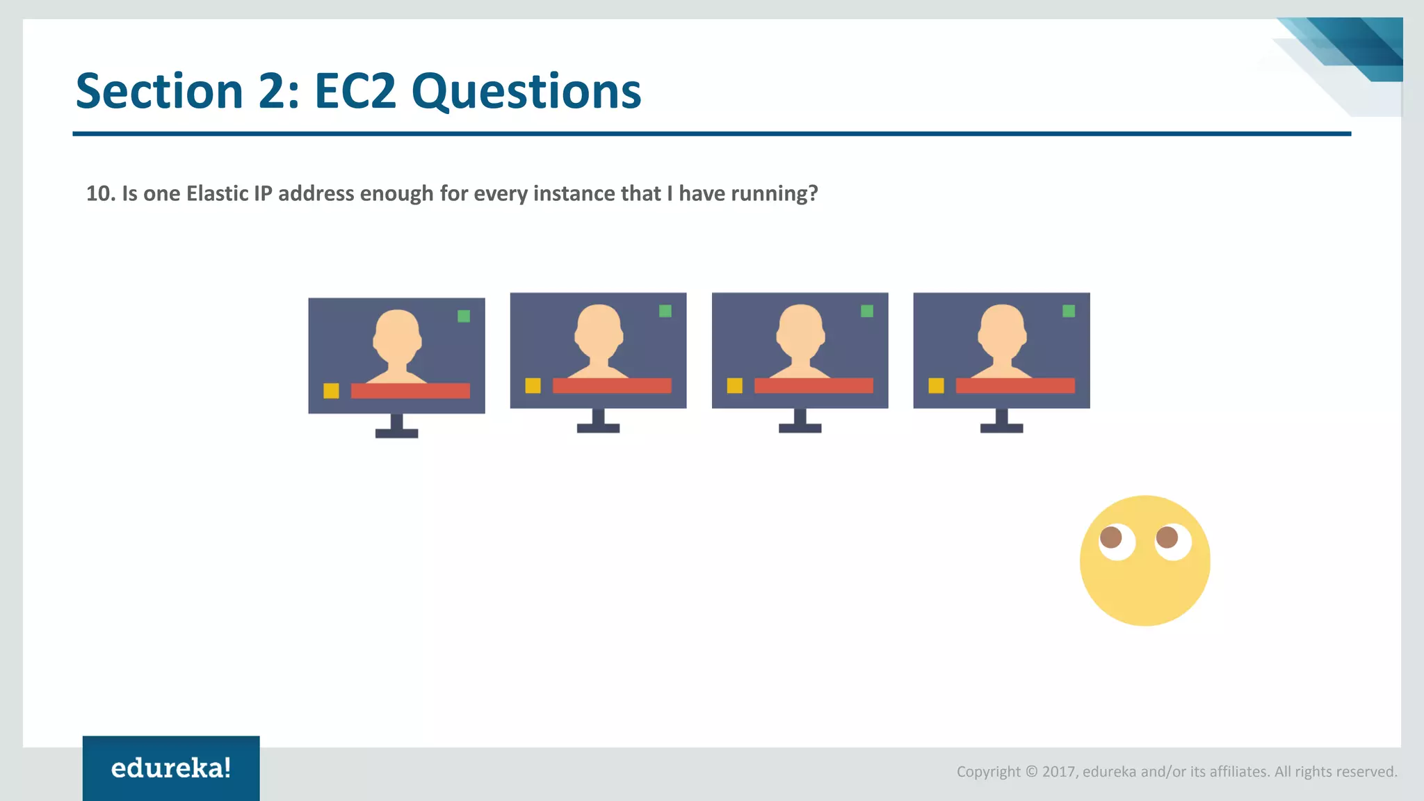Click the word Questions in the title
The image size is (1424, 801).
click(526, 91)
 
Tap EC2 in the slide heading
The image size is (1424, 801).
click(355, 91)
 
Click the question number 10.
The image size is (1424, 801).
click(99, 193)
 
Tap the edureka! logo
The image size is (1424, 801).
click(171, 768)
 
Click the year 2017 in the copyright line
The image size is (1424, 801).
click(1058, 771)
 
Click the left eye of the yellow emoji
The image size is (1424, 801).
click(1116, 541)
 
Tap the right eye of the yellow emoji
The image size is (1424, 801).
click(1172, 541)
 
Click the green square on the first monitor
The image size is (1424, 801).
click(464, 316)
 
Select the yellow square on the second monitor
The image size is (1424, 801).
click(533, 385)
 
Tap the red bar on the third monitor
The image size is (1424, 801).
click(814, 385)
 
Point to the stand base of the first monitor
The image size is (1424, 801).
click(396, 433)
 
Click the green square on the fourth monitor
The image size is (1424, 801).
click(1069, 311)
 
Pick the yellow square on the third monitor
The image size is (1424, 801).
click(734, 385)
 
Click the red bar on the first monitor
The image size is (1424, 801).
click(410, 391)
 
